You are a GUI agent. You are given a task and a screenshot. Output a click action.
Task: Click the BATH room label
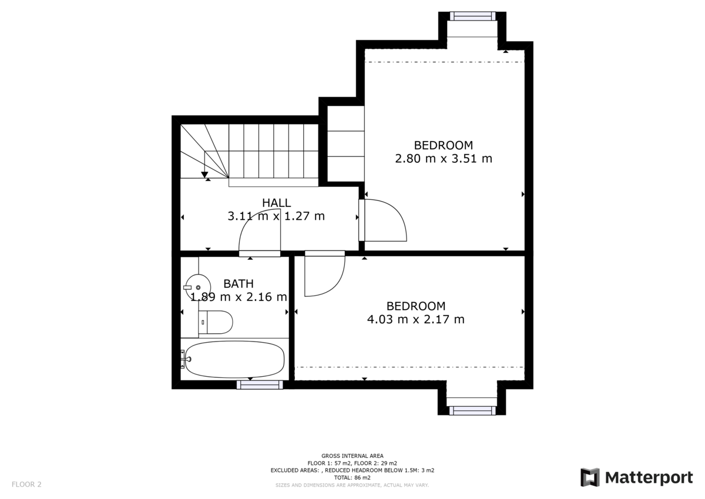point(239,284)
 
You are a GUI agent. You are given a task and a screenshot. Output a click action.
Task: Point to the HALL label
point(276,203)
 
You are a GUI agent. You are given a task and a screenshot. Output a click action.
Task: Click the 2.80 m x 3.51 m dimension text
point(444,159)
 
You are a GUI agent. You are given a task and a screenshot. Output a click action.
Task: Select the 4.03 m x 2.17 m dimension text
point(416,320)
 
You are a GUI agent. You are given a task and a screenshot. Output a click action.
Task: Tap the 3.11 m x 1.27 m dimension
point(276,216)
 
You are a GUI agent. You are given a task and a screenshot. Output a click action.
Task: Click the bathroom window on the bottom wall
point(260,384)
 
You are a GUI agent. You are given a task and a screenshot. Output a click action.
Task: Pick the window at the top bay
point(472,16)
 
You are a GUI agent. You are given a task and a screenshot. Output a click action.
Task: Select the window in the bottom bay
point(472,410)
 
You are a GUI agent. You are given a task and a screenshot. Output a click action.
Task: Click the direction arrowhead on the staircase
point(204,173)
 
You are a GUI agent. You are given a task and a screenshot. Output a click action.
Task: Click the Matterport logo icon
point(590,477)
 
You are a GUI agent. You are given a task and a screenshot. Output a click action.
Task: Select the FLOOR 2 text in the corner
point(26,484)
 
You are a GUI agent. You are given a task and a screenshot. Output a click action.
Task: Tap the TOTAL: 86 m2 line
point(352,478)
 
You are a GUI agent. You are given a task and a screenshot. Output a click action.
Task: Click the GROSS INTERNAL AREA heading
point(352,456)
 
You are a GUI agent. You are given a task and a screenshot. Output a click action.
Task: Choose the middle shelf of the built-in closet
point(345,143)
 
